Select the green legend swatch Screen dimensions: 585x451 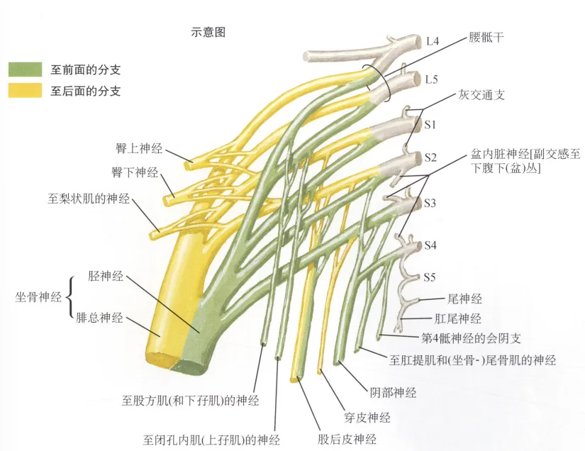pos(26,69)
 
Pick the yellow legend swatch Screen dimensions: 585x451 pos(26,91)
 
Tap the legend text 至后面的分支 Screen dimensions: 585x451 pos(85,91)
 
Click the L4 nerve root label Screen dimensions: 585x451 pos(432,42)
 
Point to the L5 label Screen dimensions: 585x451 pos(432,79)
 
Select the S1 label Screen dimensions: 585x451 pos(430,124)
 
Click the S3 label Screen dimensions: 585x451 pos(430,203)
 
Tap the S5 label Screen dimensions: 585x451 pos(430,276)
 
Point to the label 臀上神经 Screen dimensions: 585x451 pos(138,148)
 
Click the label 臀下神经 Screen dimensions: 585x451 pos(133,172)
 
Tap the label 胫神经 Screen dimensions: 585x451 pos(106,276)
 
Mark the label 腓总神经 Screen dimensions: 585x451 pos(99,318)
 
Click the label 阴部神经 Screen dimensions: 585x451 pos(393,391)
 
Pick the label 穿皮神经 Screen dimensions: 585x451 pos(367,418)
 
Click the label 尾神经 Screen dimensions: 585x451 pos(464,299)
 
